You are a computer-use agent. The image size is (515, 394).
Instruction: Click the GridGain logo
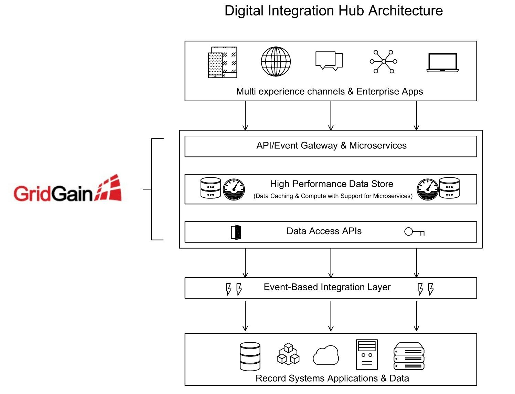(x=68, y=189)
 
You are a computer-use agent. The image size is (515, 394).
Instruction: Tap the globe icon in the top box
(x=276, y=62)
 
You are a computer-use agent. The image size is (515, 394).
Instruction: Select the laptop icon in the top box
(x=442, y=63)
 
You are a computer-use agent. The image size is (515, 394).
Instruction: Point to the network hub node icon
(x=383, y=62)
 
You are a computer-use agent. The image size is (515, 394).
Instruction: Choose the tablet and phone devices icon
(x=223, y=62)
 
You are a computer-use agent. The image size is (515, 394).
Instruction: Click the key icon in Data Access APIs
(x=414, y=232)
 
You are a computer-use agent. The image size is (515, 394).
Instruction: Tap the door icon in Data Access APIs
(x=236, y=232)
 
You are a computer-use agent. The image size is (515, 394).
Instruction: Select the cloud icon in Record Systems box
(x=326, y=356)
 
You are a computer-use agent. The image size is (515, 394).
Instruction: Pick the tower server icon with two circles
(x=367, y=354)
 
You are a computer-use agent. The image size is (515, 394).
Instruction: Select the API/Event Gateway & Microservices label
(x=331, y=146)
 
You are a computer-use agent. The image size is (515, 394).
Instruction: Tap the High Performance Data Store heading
(x=331, y=184)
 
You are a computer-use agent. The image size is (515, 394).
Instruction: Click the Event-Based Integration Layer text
(x=327, y=287)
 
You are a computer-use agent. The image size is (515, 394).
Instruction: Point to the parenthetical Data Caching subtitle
(x=333, y=196)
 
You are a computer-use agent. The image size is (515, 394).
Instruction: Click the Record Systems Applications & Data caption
(x=332, y=378)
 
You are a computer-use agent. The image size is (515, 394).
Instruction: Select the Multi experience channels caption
(x=329, y=91)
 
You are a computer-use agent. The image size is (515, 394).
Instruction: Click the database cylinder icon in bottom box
(x=250, y=356)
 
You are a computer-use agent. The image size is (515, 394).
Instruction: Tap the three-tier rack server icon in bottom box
(x=409, y=356)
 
